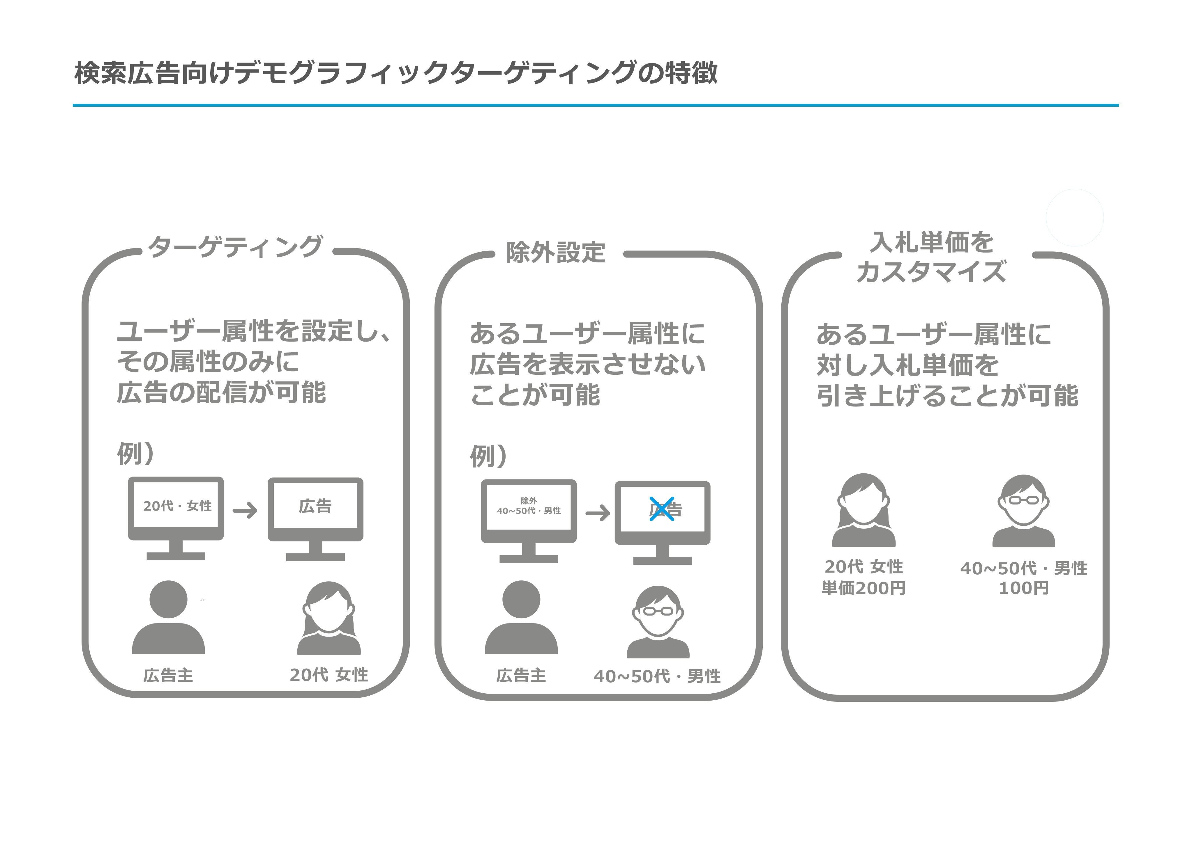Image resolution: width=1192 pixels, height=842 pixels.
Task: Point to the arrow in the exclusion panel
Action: pos(598,513)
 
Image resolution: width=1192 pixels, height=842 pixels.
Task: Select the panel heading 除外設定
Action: pos(555,253)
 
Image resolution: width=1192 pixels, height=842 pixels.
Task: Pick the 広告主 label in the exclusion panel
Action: pos(521,676)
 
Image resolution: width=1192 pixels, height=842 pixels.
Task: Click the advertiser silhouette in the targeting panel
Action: pos(168,617)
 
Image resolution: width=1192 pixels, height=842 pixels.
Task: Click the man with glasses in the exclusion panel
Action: pos(658,621)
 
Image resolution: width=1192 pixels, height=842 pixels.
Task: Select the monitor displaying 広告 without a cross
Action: pos(315,516)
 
